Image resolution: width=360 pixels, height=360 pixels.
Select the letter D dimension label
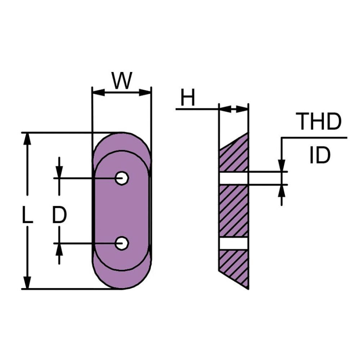point(59,216)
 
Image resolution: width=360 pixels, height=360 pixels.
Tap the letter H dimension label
point(188,98)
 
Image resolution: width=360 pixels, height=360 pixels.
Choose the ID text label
point(320,156)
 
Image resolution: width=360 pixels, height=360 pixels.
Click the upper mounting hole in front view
point(122,178)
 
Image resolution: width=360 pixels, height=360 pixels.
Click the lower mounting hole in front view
point(122,243)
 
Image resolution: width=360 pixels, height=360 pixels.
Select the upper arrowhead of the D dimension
point(60,172)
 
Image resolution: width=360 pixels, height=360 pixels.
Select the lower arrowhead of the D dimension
point(60,249)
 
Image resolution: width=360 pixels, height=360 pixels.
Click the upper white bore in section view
point(233,178)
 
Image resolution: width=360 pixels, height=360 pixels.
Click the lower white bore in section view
point(233,243)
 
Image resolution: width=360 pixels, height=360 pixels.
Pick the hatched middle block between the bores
point(233,211)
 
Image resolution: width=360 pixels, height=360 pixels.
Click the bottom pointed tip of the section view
point(248,287)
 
